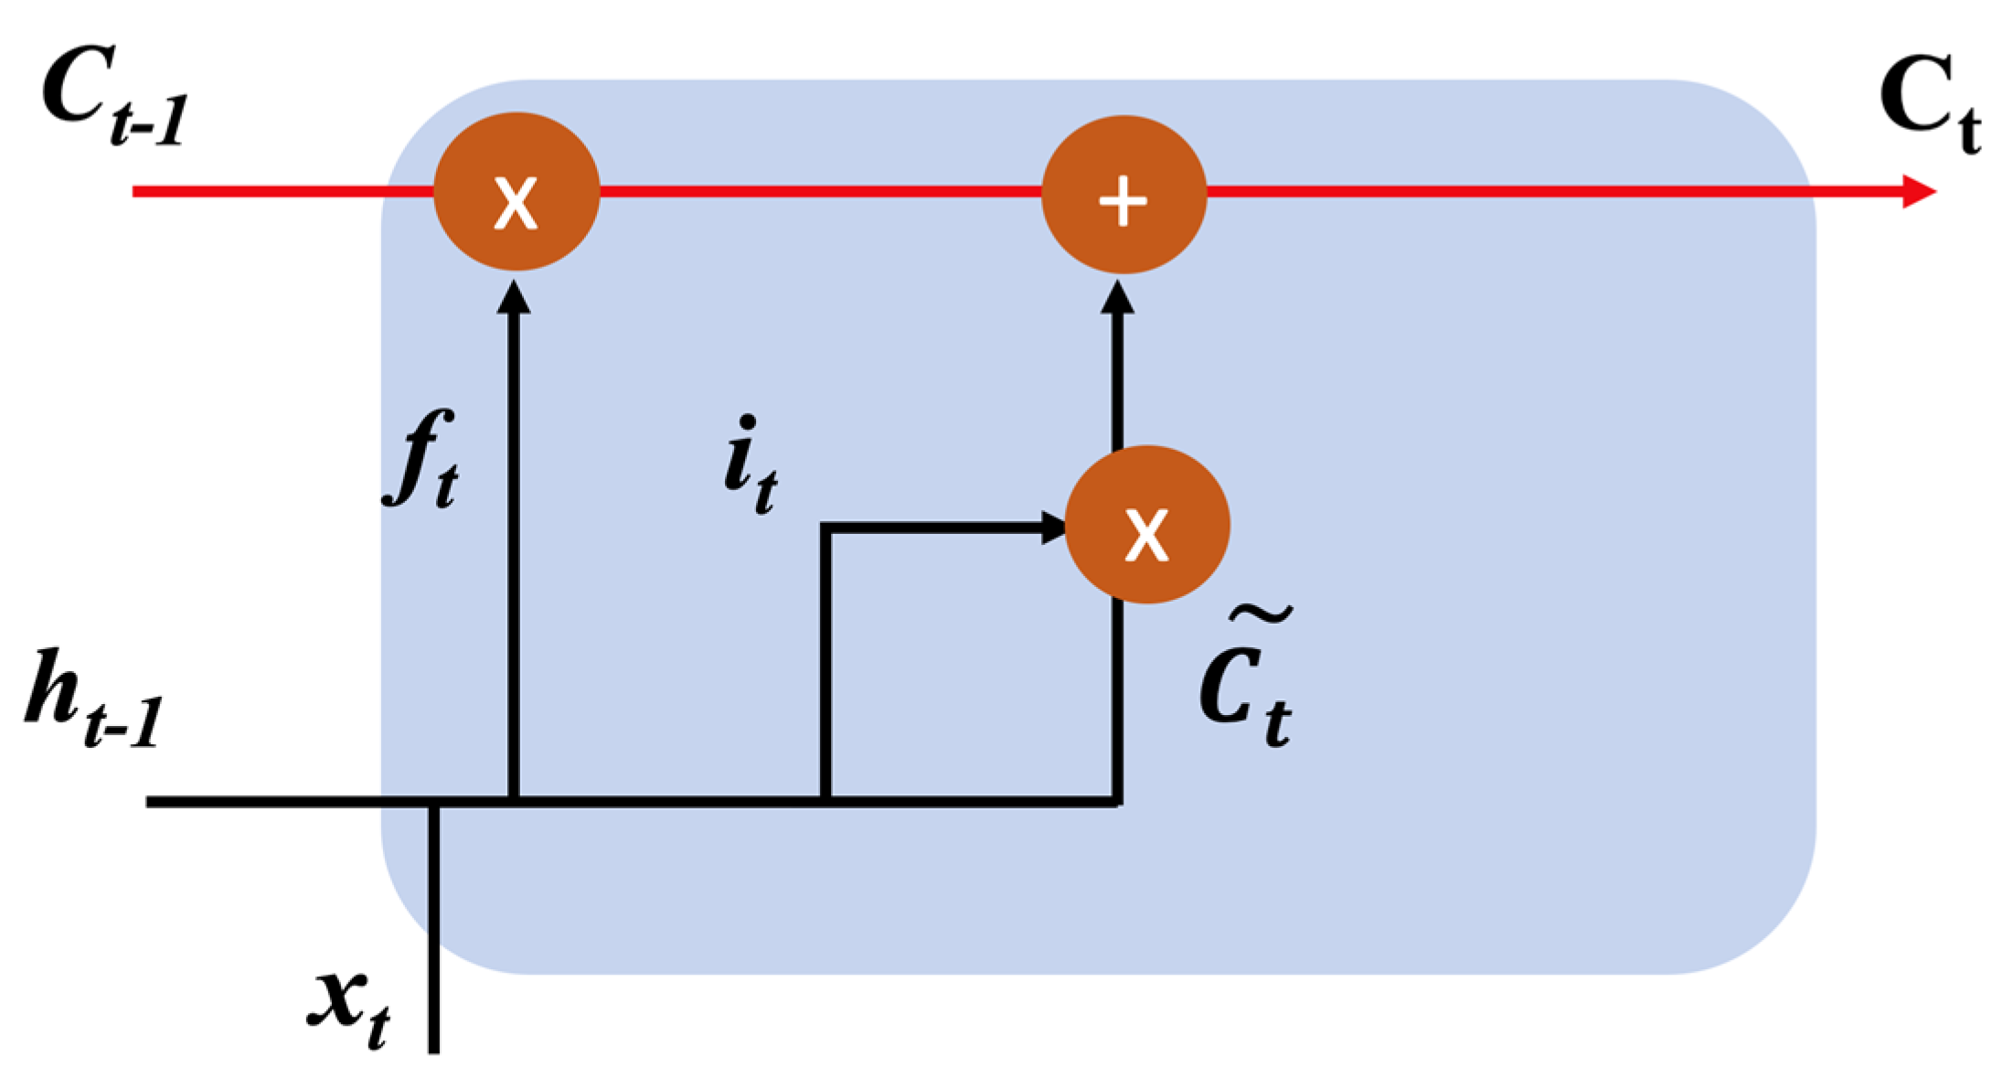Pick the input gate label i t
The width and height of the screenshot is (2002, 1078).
pos(750,466)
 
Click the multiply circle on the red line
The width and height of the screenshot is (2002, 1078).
pos(516,192)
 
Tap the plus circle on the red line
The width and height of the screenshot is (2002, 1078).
pos(1123,194)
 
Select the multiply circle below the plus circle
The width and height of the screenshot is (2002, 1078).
pos(1147,525)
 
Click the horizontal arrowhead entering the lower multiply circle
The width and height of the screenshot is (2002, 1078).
pos(1053,528)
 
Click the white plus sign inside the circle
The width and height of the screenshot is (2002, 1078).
pos(1123,200)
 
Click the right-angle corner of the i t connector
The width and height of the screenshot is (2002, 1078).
pos(826,528)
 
